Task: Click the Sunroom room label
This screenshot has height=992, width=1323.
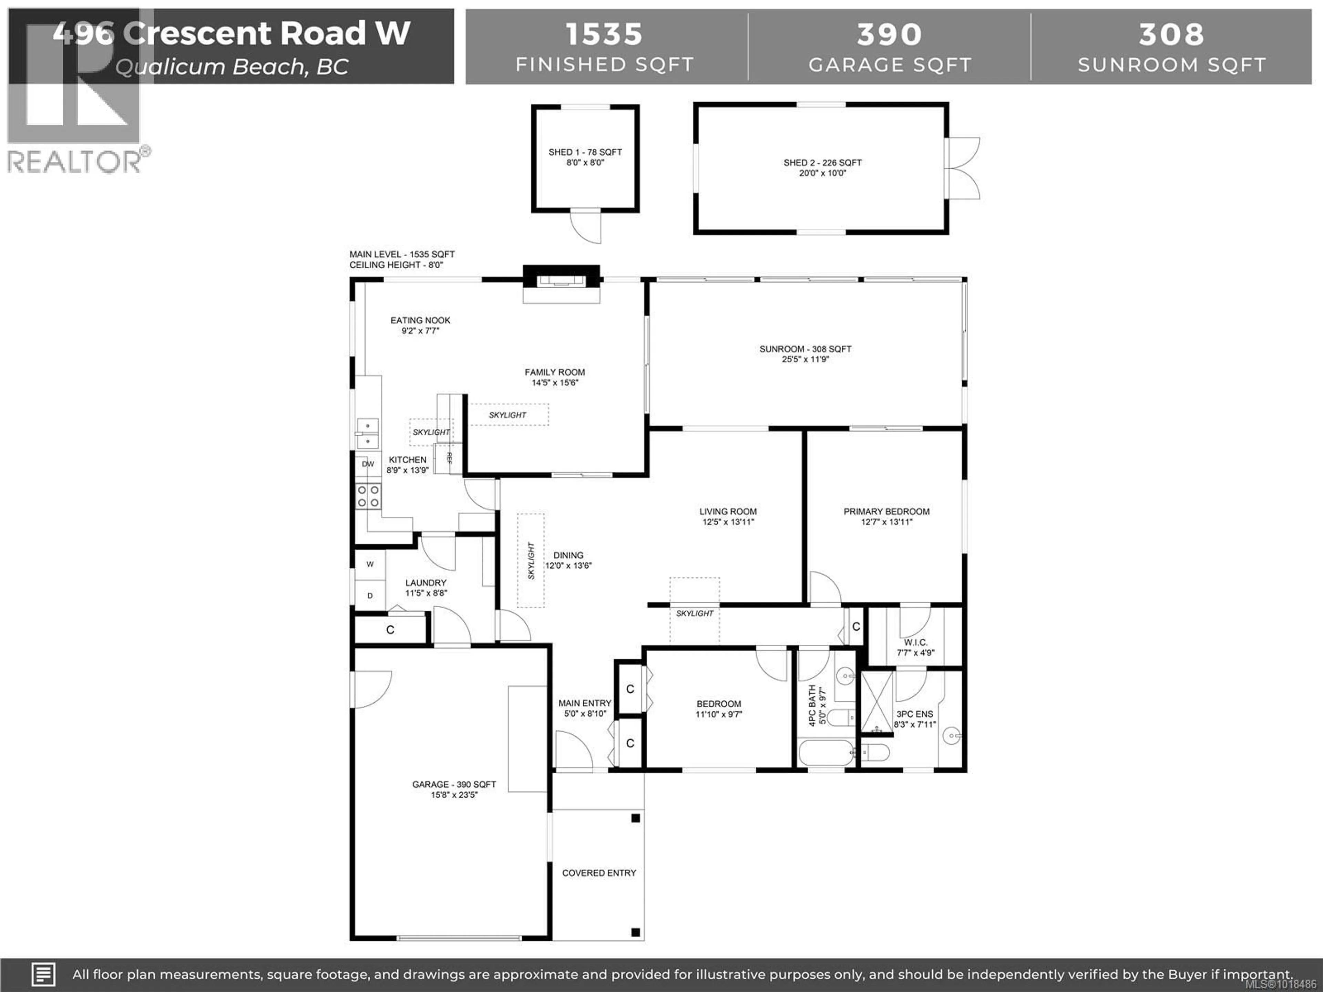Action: pos(805,349)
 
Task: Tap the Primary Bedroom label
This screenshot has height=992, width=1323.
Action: pos(886,511)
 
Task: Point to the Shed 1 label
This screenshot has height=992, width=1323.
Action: pos(585,152)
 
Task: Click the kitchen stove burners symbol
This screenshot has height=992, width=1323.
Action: pos(368,496)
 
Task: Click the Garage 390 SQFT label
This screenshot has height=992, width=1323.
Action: pos(454,784)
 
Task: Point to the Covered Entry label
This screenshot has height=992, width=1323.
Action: pos(599,873)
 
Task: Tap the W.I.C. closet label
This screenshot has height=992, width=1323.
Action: pos(915,642)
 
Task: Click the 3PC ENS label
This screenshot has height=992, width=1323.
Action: pos(914,714)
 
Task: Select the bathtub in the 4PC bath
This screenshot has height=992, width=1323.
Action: pos(826,753)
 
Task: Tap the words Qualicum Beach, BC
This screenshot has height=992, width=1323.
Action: pos(232,67)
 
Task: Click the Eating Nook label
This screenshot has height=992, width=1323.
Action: pos(420,320)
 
